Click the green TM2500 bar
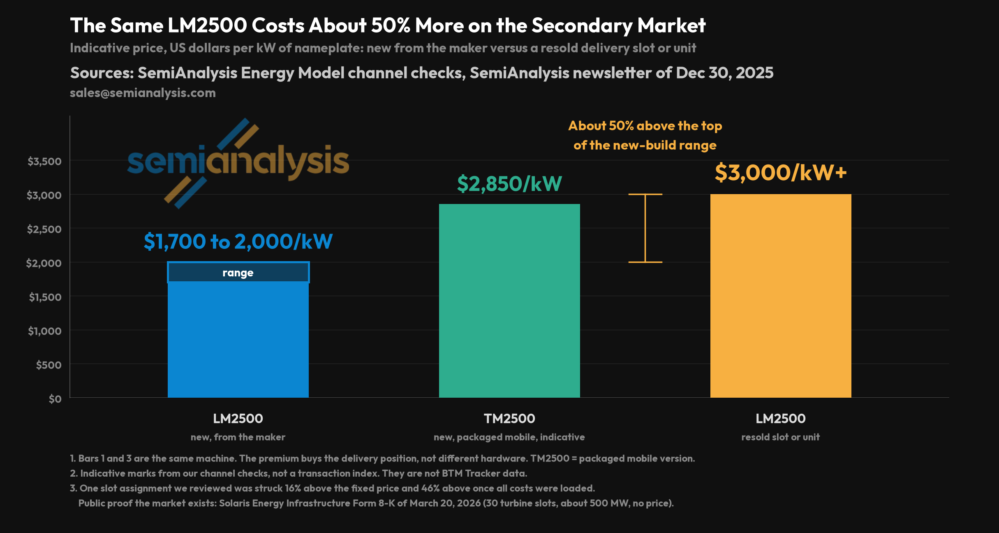509,301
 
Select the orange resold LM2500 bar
781,296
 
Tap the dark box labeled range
238,272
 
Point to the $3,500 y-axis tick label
44,161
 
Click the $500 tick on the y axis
49,365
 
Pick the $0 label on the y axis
55,399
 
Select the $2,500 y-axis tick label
44,229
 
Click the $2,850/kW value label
509,183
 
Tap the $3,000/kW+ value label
781,172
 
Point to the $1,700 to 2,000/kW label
238,241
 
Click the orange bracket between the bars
645,228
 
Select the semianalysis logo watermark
238,163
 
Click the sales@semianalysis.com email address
143,93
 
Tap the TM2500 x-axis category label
509,419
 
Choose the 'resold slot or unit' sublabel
781,437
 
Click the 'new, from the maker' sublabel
238,437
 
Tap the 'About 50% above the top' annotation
645,126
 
